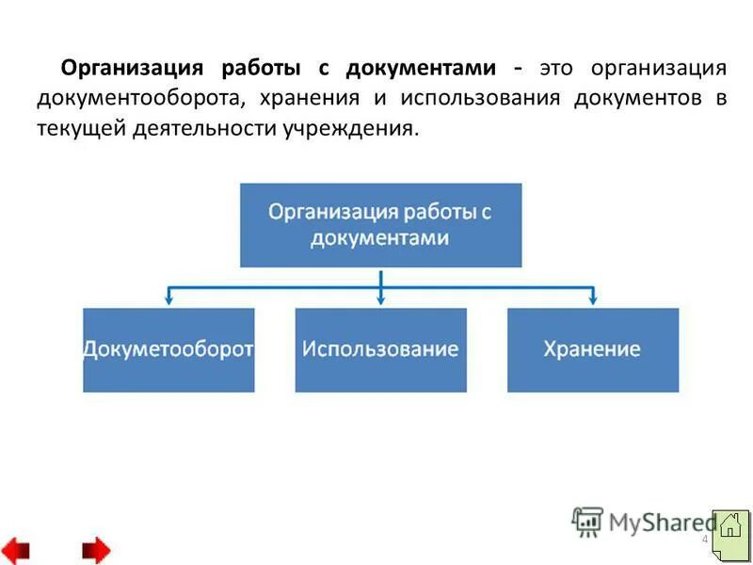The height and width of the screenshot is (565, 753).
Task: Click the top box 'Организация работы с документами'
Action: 380,225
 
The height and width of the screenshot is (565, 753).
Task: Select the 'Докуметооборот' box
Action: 168,349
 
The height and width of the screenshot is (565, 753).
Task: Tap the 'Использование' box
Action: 380,349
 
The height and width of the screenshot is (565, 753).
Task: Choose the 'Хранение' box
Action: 592,349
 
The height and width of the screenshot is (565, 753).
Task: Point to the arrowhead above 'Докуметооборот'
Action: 168,299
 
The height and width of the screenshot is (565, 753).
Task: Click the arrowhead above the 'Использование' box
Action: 380,299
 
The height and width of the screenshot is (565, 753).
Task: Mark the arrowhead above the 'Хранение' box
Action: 592,299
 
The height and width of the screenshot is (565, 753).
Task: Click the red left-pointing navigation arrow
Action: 16,549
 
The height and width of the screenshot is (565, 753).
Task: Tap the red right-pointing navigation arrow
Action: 95,549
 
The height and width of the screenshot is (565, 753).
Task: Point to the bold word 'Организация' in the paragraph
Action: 131,69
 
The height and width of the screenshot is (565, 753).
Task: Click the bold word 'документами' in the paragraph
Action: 420,69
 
